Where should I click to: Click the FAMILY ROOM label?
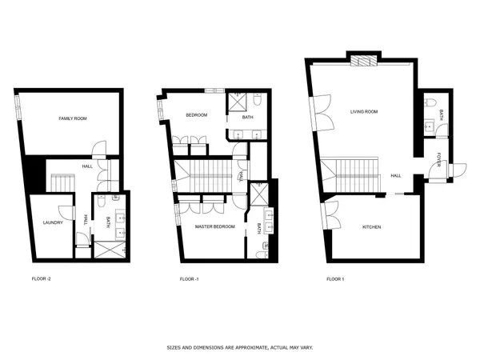point(73,118)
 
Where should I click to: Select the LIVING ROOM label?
point(364,111)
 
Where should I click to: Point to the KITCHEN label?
point(371,227)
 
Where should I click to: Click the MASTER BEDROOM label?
point(215,226)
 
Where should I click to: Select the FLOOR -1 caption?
point(190,279)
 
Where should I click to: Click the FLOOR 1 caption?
point(335,279)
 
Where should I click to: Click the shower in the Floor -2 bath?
point(106,248)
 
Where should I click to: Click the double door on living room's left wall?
point(326,112)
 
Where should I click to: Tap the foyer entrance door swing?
point(456,169)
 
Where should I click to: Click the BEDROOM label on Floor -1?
point(196,115)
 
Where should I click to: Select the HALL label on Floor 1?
point(395,175)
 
